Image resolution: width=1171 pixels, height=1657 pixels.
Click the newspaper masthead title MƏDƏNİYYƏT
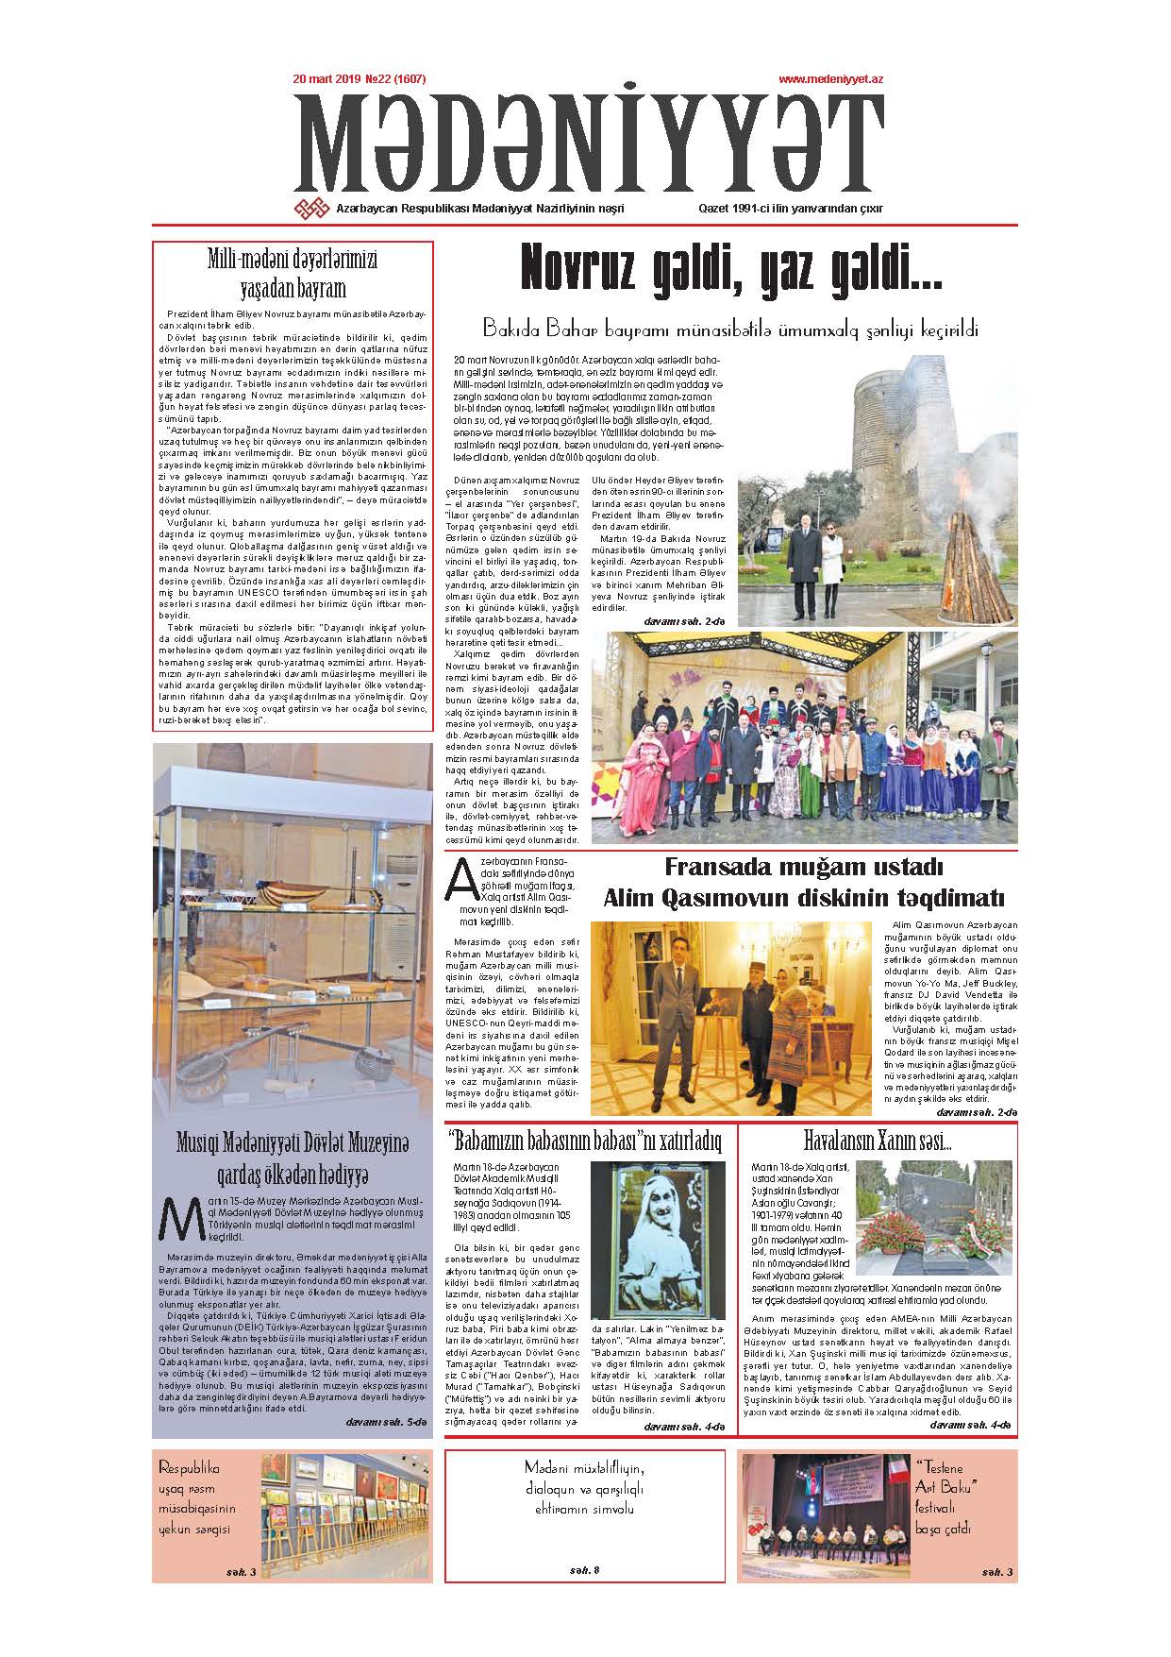coord(585,144)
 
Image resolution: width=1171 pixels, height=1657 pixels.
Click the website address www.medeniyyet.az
coord(830,81)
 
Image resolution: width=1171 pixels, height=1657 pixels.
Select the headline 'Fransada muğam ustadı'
coord(803,867)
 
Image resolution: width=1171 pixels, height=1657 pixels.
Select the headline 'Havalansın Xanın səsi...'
coord(878,1141)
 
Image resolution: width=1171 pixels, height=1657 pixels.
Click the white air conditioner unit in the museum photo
coord(403,892)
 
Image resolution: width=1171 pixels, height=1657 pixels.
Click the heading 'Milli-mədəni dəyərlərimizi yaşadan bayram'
coord(293,274)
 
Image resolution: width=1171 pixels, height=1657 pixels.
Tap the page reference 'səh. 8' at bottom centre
coord(584,1571)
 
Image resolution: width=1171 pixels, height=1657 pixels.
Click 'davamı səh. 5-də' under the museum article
coord(386,1421)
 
